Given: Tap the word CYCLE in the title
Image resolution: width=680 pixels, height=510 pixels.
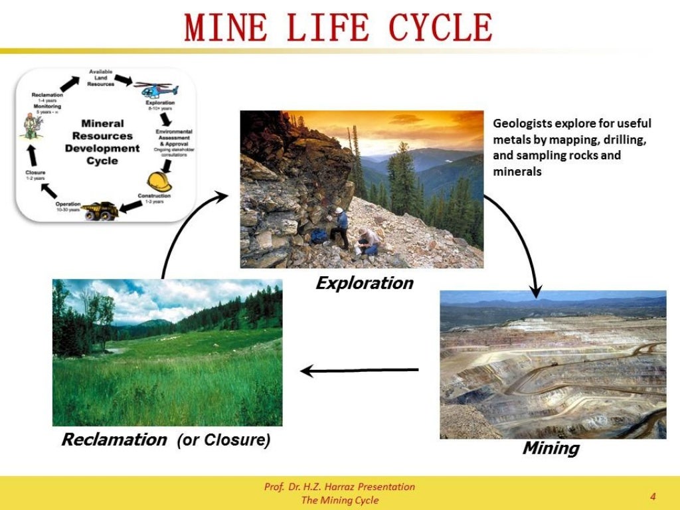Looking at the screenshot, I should [x=440, y=27].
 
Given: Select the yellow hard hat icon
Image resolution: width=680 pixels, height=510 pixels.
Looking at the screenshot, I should [x=159, y=181].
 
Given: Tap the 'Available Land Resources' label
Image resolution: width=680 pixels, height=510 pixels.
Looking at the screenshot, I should [x=100, y=78].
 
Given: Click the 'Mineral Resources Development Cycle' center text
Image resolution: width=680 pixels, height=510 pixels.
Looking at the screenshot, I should [x=102, y=142].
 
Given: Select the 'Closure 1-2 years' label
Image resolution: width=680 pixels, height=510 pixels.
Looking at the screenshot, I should [x=35, y=175].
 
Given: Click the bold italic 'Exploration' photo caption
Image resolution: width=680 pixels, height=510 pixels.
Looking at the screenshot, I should [x=364, y=284].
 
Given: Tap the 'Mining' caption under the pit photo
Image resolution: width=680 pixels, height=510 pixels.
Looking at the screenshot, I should [x=551, y=448].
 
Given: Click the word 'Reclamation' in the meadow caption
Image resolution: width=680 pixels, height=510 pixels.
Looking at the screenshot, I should [x=114, y=440].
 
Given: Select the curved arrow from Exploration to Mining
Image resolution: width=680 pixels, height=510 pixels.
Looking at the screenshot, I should [x=518, y=239].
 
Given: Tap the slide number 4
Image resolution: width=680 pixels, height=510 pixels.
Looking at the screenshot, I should [x=653, y=496].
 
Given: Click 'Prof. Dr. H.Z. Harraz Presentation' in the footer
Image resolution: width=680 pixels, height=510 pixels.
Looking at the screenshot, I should [x=339, y=487].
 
